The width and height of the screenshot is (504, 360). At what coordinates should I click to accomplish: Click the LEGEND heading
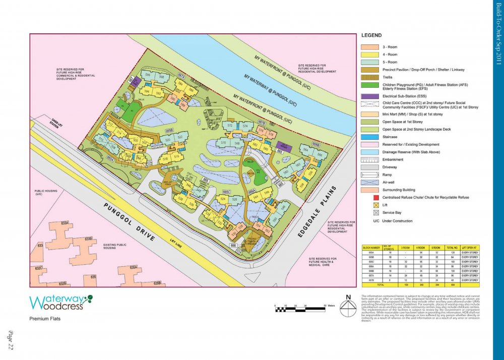tap(371, 36)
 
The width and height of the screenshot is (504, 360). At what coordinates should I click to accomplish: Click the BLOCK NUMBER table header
tap(370, 248)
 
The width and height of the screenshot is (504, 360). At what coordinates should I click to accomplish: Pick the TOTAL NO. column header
tap(453, 248)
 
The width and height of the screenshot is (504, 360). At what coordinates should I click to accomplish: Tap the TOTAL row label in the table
tap(370, 285)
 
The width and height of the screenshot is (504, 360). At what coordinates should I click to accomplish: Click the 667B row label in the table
tap(370, 280)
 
